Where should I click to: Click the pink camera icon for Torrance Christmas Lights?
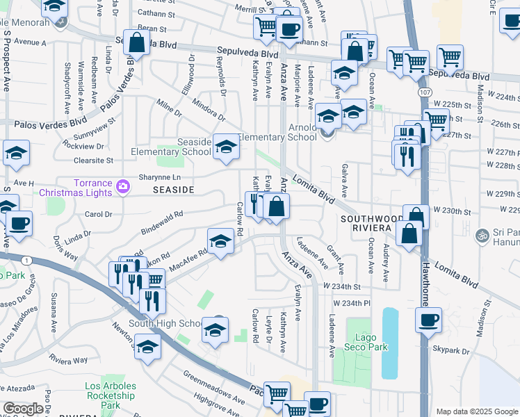point(123,185)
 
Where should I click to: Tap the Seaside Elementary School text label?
point(172,147)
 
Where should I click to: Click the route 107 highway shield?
point(423,92)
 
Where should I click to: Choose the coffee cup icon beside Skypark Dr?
point(428,320)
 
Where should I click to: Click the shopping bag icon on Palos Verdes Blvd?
point(137,42)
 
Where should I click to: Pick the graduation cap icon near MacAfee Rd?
point(220,241)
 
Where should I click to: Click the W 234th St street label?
point(341,286)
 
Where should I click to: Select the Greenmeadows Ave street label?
point(215,387)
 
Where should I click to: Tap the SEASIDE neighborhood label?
point(153,189)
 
